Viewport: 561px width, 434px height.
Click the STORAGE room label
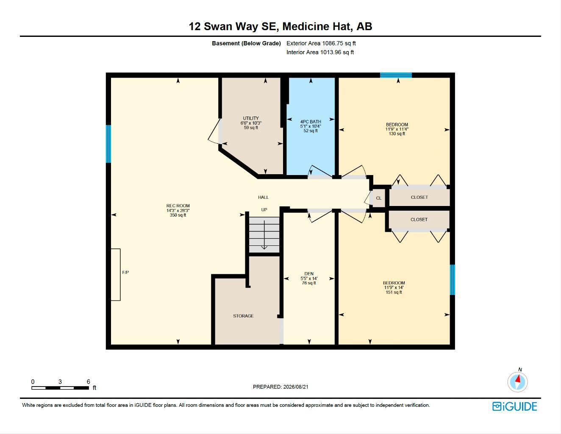point(243,316)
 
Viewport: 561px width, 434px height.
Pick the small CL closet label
point(379,198)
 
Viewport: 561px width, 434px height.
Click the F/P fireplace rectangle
point(116,275)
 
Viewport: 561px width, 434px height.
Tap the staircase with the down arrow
point(264,235)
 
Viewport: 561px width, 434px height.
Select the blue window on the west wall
point(108,144)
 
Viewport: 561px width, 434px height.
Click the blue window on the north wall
point(396,75)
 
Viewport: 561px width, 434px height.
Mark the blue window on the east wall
point(452,280)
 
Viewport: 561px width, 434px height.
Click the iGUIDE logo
point(514,406)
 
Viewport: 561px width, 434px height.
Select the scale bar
point(60,388)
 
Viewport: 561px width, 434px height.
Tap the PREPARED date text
point(280,387)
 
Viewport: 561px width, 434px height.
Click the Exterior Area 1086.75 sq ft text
point(321,43)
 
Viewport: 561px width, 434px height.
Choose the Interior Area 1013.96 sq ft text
point(320,52)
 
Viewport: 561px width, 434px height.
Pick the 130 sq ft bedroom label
point(397,134)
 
